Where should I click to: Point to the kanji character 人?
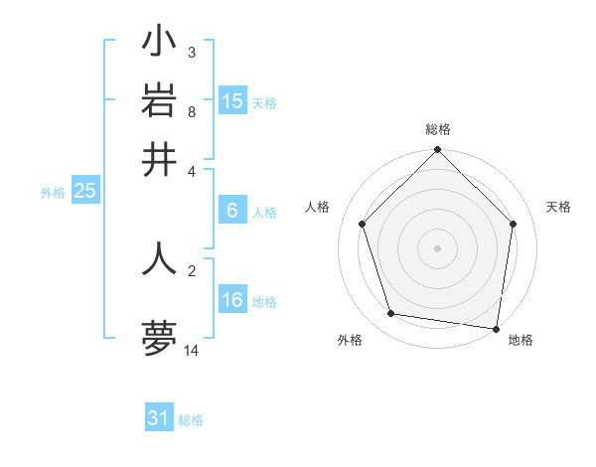pos(159,257)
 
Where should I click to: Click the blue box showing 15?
pos(232,101)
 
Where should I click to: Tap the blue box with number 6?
pos(232,211)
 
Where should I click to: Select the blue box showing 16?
pos(232,300)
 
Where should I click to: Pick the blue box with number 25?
pos(84,191)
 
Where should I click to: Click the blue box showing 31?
pos(159,418)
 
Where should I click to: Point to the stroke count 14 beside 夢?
pos(192,351)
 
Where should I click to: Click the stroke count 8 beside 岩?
pos(192,111)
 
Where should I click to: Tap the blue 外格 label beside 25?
pos(52,193)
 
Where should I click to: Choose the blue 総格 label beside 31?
pos(191,420)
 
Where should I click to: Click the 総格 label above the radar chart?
pos(437,129)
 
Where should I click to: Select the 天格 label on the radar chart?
pos(559,207)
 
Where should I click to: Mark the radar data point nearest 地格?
pos(497,328)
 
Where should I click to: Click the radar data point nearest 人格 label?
pos(363,224)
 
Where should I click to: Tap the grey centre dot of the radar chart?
pos(437,247)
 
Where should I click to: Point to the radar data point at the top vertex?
pos(437,151)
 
